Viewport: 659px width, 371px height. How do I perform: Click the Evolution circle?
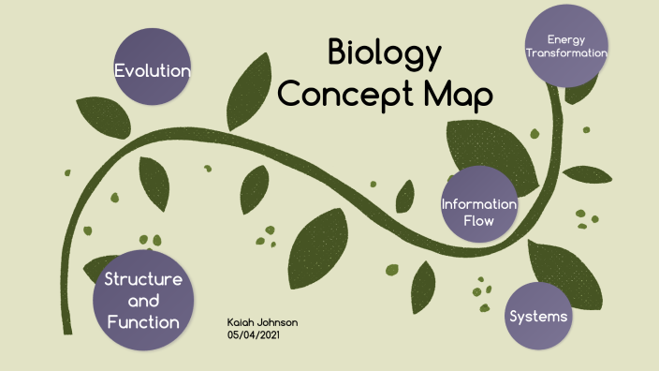click(x=153, y=57)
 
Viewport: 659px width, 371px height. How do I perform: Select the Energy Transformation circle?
click(x=567, y=46)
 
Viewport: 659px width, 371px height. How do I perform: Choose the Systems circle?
click(x=538, y=316)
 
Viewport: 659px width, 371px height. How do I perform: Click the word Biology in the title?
click(x=384, y=53)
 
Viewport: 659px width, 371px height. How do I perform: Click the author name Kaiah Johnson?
click(x=262, y=322)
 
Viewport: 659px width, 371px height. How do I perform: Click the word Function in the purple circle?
click(x=142, y=322)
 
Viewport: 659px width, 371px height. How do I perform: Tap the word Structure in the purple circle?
click(x=142, y=279)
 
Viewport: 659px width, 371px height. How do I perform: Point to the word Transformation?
click(x=567, y=53)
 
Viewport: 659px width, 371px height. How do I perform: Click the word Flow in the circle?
click(x=479, y=221)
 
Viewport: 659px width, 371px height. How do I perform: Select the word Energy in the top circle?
click(x=566, y=39)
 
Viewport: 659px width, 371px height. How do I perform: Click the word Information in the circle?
click(x=479, y=204)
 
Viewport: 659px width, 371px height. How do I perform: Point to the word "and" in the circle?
click(x=142, y=301)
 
